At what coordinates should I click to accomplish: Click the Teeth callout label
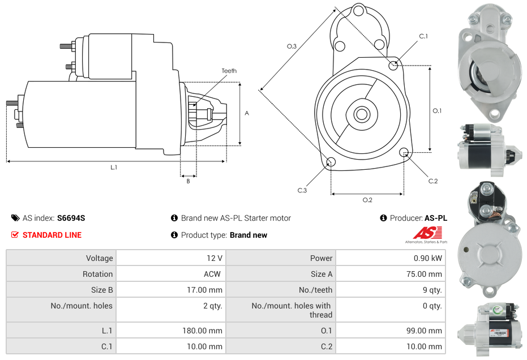click(229, 71)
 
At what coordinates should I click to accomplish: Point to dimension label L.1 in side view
click(114, 168)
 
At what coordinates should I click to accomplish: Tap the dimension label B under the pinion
click(188, 181)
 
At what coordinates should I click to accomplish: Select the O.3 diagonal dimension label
click(292, 46)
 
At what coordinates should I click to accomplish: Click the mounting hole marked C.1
click(393, 65)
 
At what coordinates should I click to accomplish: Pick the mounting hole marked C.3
click(331, 163)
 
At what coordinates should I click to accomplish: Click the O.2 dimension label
click(367, 200)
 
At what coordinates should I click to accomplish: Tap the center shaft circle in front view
click(361, 114)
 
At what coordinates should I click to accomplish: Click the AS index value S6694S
click(71, 218)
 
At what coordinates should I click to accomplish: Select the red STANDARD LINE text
click(52, 235)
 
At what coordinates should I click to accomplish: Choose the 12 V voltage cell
click(214, 258)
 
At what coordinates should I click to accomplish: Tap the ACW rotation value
click(214, 274)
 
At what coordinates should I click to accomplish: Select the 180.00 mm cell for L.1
click(202, 331)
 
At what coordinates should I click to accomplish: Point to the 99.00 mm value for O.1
click(427, 331)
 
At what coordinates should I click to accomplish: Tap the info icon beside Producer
click(383, 218)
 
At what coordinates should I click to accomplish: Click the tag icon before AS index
click(15, 218)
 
